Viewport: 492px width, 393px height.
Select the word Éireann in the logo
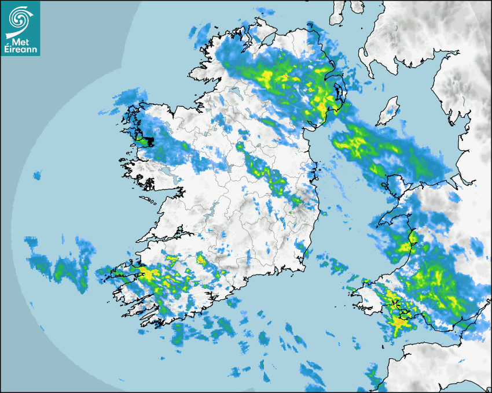click(21, 49)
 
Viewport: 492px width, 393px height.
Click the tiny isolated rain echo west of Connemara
click(38, 175)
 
